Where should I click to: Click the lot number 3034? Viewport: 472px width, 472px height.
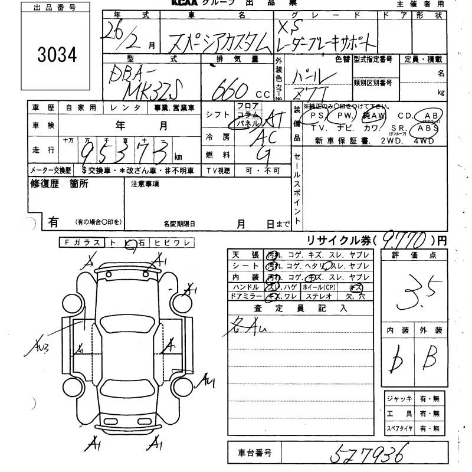pos(57,55)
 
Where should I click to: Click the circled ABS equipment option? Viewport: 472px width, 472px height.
pos(428,128)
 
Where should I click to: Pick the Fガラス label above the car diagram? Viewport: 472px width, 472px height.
pos(82,242)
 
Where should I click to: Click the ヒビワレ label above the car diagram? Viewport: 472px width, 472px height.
pos(172,242)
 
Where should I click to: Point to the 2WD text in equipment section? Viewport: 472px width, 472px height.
pos(392,141)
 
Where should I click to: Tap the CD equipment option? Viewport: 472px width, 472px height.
pos(405,116)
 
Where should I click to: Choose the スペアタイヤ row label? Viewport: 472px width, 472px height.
pos(399,429)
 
